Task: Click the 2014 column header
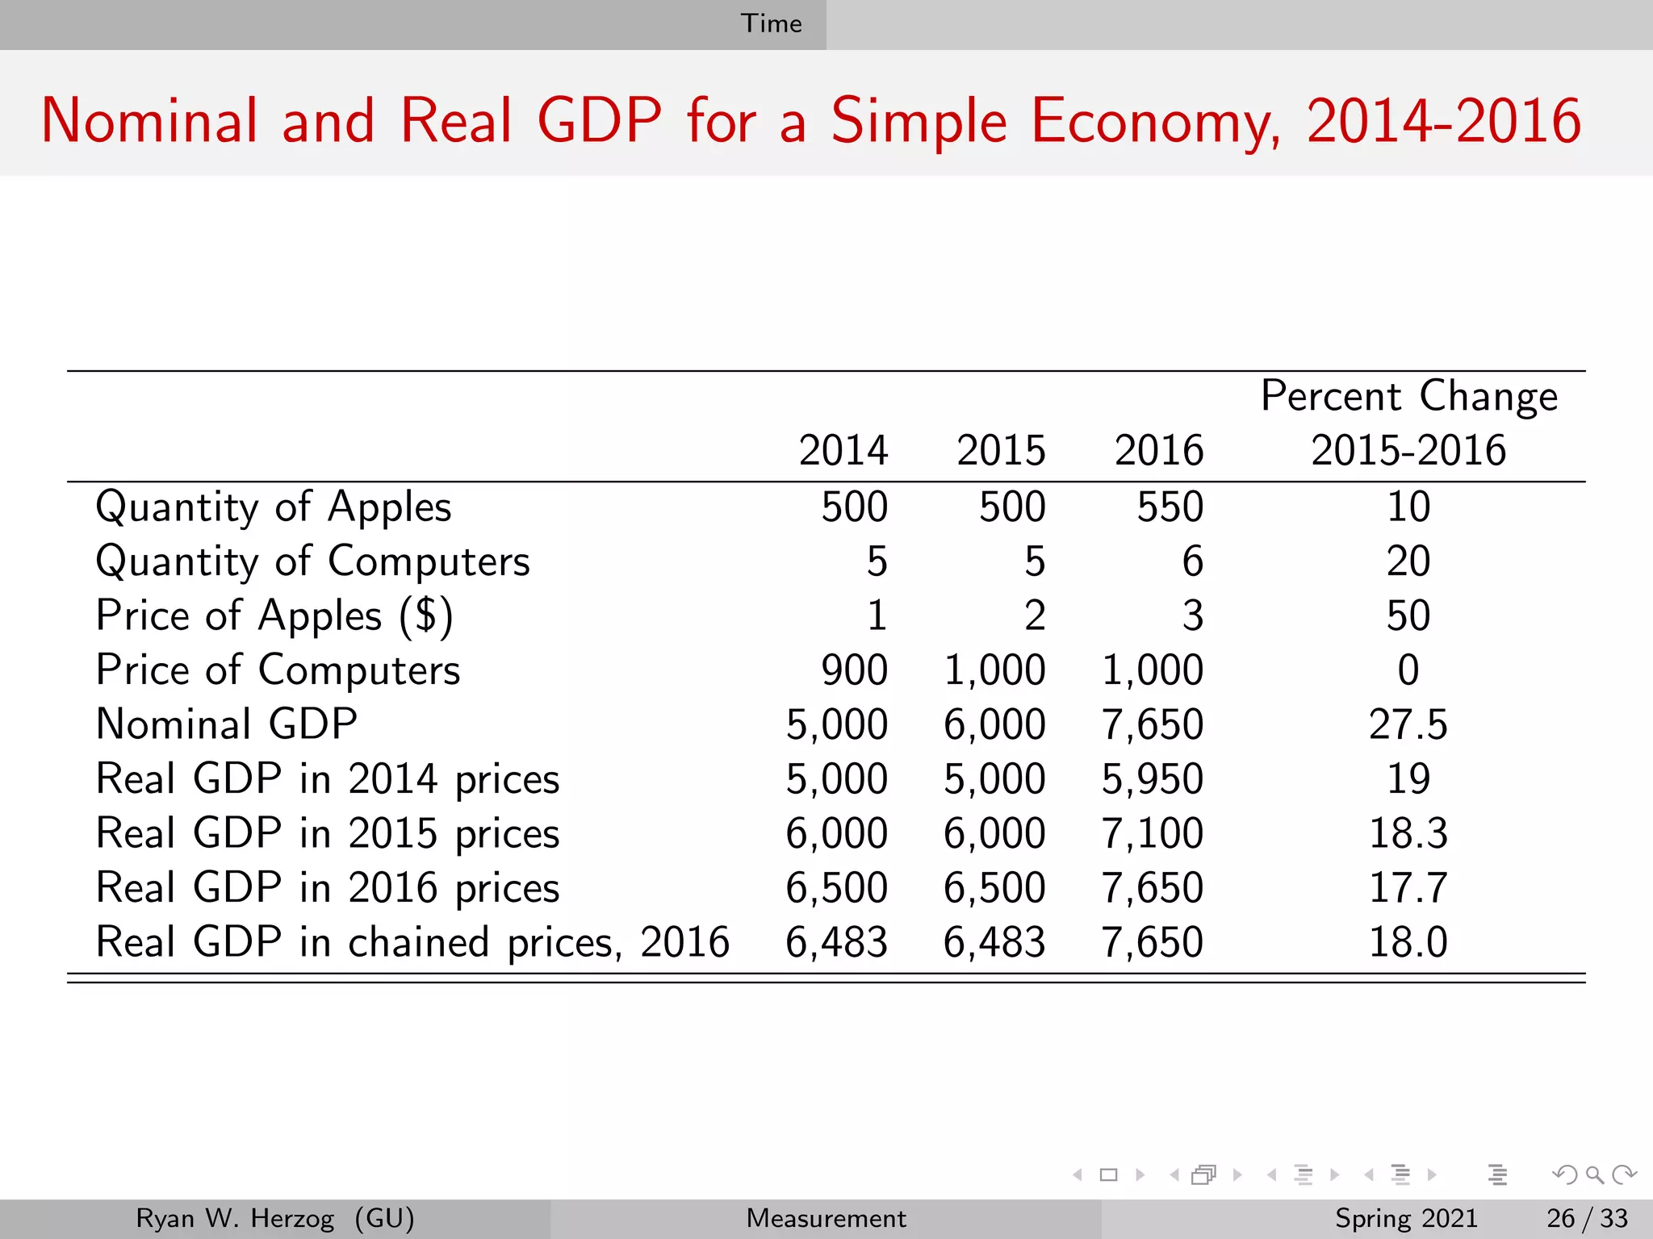click(843, 450)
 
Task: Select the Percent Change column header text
click(1408, 397)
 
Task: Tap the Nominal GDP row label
click(226, 724)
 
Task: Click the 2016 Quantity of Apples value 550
click(1170, 507)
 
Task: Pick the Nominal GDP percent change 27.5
click(1408, 724)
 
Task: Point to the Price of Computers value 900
click(854, 670)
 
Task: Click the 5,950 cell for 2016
click(1152, 779)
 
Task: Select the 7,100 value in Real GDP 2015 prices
click(1152, 833)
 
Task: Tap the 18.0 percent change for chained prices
click(1408, 942)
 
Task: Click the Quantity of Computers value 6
click(1192, 561)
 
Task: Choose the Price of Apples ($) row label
click(274, 616)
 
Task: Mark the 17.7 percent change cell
click(1408, 888)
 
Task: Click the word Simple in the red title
click(919, 122)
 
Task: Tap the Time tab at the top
click(771, 23)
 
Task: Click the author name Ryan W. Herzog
click(234, 1218)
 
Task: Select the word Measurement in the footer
click(826, 1218)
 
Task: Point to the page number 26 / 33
click(1587, 1218)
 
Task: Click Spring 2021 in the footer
click(1405, 1218)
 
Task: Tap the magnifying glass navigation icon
click(1594, 1174)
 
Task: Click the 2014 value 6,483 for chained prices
click(836, 942)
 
